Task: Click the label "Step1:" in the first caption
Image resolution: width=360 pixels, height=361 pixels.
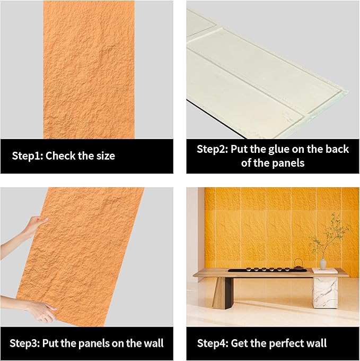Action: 28,156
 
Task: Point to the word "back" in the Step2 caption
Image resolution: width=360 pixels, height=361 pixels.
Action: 336,149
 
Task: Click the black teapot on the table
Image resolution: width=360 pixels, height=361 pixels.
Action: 298,264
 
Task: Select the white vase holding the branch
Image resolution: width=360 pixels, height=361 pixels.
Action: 323,263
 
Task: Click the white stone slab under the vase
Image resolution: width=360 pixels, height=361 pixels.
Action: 324,271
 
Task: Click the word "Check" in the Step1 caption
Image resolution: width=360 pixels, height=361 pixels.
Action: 65,156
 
